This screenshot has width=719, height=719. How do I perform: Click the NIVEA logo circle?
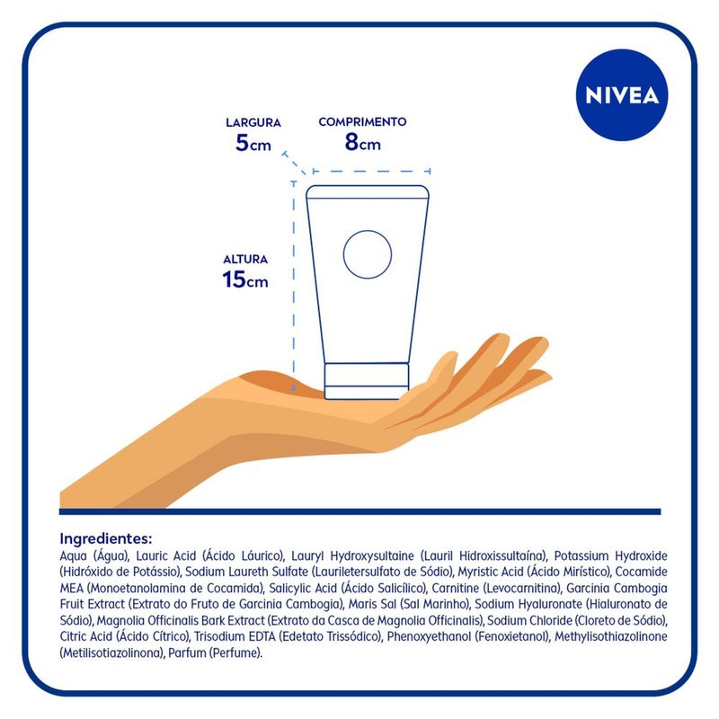click(x=622, y=95)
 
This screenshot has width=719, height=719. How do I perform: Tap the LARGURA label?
click(x=253, y=122)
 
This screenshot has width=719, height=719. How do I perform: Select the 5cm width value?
click(x=253, y=143)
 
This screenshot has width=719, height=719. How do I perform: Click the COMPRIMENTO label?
click(x=362, y=121)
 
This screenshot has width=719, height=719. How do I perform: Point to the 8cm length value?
click(x=362, y=142)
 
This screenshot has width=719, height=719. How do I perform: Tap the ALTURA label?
click(x=245, y=259)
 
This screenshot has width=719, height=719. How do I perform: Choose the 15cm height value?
click(x=244, y=280)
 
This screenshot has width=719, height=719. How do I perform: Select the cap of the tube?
click(x=367, y=381)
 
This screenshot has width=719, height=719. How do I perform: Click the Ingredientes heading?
click(x=105, y=537)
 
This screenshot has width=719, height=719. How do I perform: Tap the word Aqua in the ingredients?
click(x=73, y=556)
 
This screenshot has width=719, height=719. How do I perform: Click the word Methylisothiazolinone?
click(x=611, y=636)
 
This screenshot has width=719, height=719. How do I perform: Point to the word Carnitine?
click(x=449, y=588)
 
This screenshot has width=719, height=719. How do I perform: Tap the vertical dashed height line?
click(x=294, y=287)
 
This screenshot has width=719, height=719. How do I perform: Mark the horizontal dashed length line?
click(x=371, y=172)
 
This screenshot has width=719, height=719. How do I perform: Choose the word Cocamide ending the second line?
click(x=641, y=572)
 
